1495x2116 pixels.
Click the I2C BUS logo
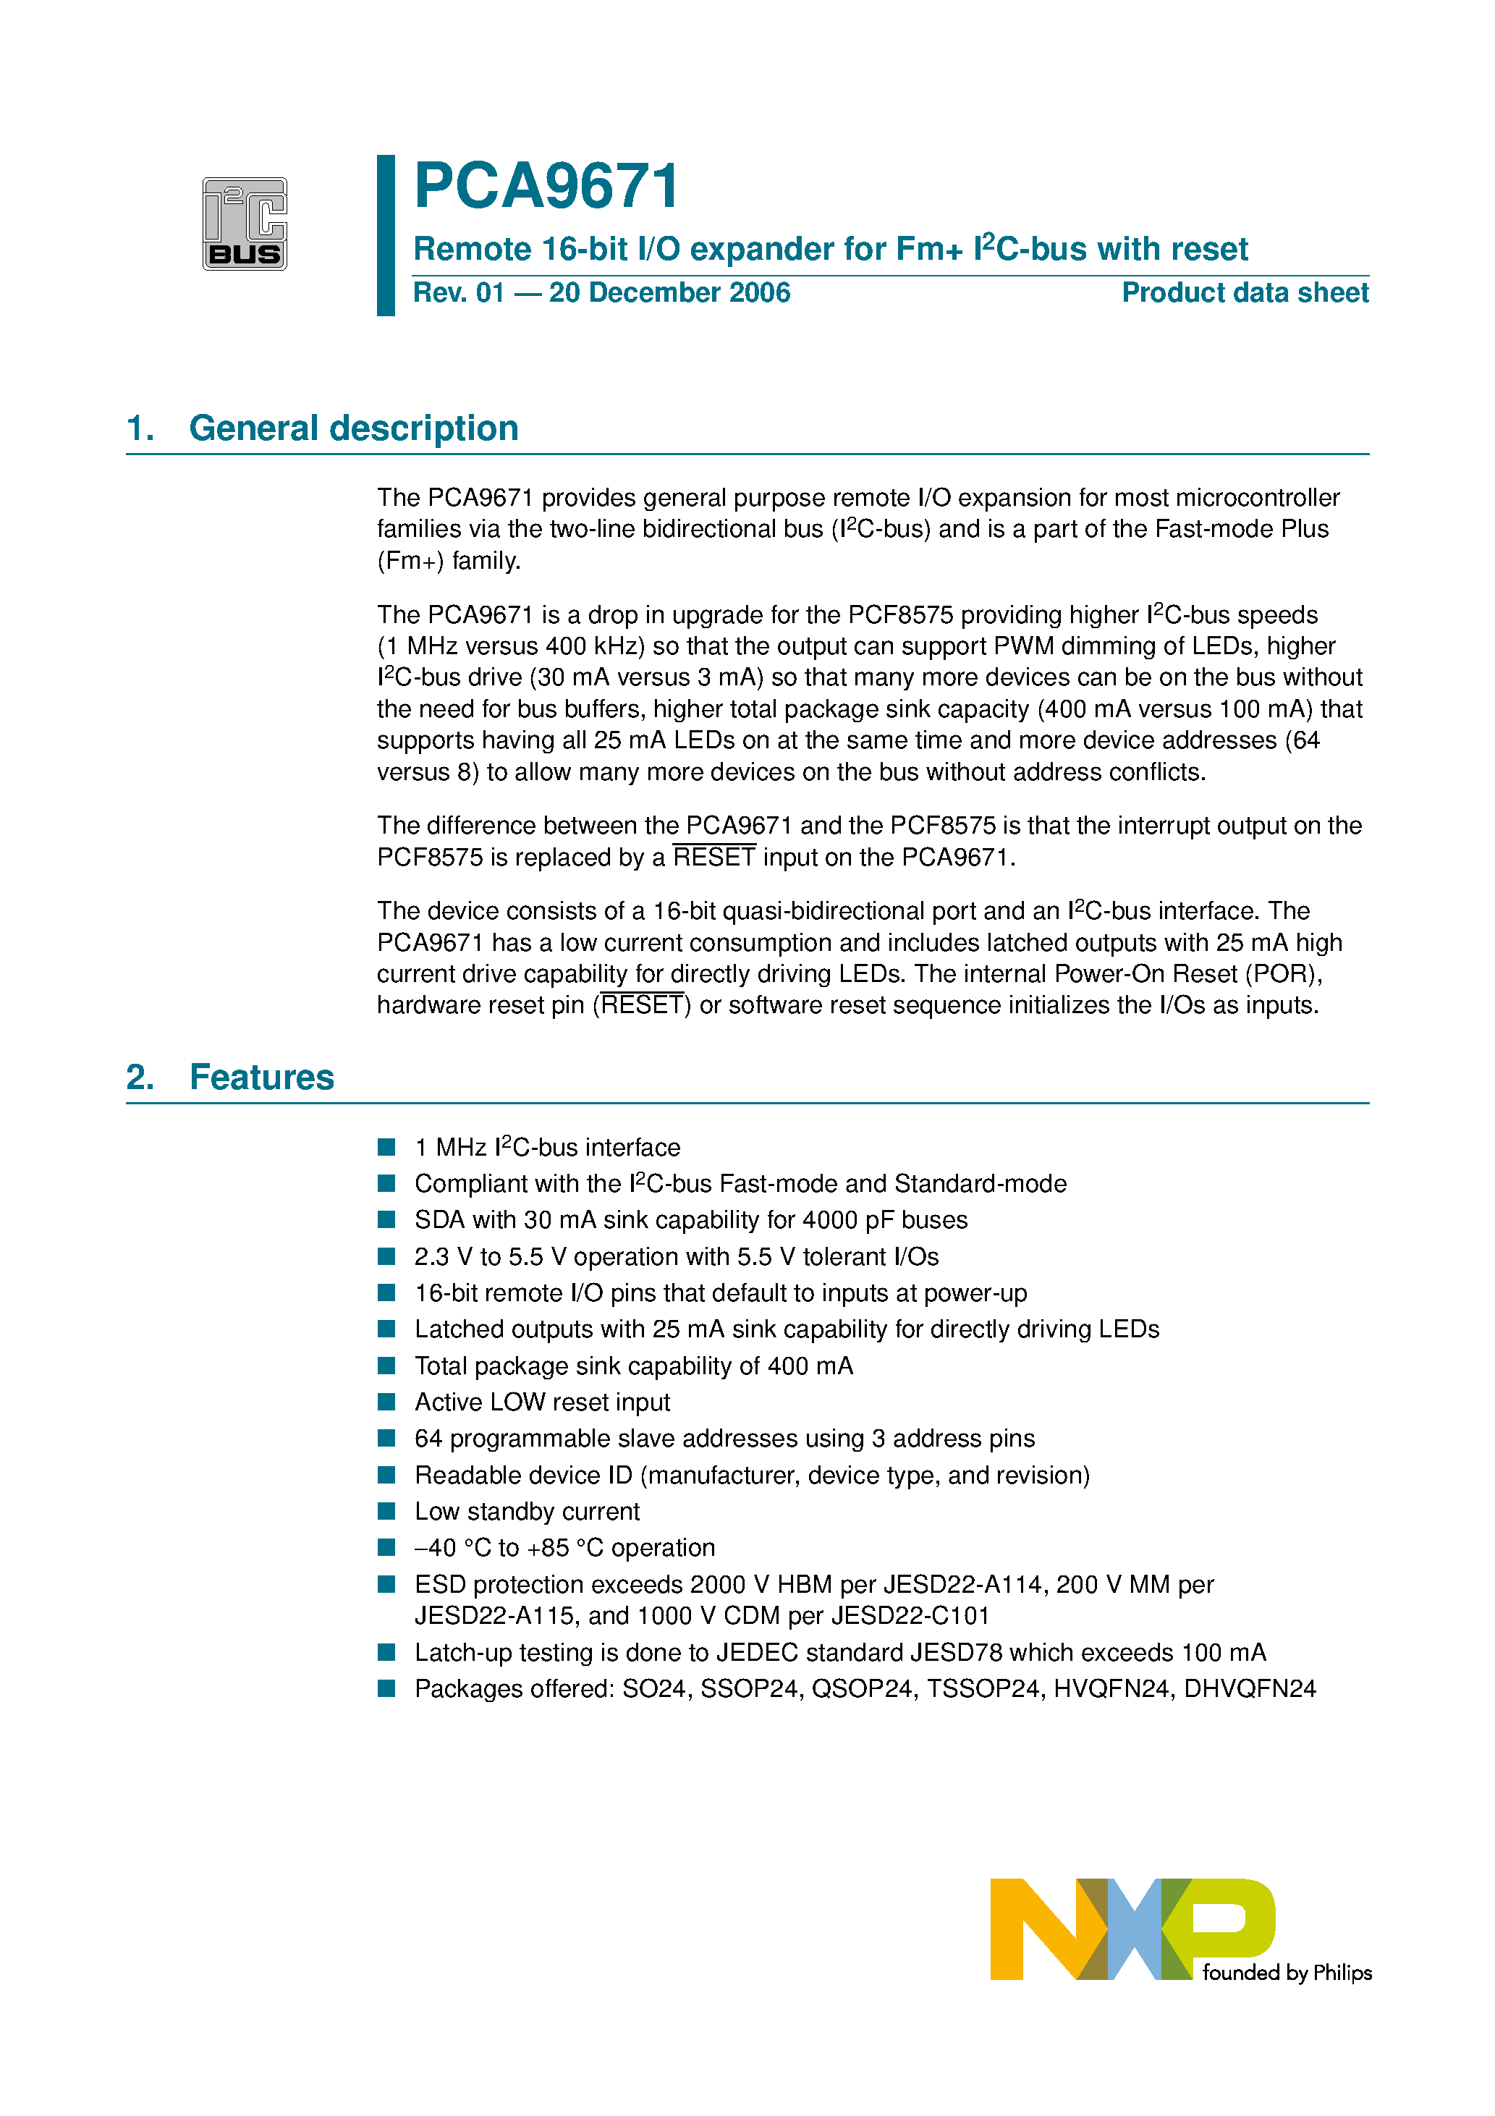pyautogui.click(x=245, y=224)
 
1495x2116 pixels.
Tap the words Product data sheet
pyautogui.click(x=1245, y=293)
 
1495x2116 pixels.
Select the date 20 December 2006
pyautogui.click(x=669, y=293)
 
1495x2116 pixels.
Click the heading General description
pyautogui.click(x=353, y=428)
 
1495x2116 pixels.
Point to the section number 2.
pyautogui.click(x=139, y=1078)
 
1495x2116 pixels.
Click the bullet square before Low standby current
pyautogui.click(x=387, y=1512)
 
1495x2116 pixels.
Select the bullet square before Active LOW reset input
pyautogui.click(x=387, y=1402)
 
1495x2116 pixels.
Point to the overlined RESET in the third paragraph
pyautogui.click(x=713, y=858)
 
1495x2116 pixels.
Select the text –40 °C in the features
pyautogui.click(x=452, y=1549)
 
